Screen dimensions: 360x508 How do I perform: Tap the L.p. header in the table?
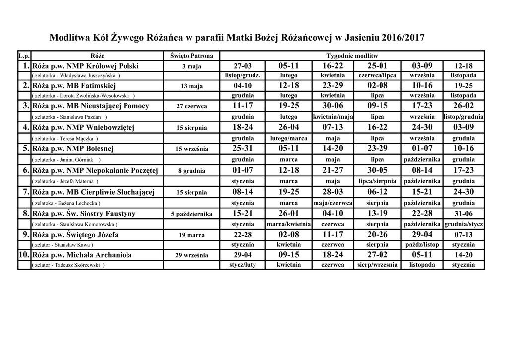click(x=24, y=55)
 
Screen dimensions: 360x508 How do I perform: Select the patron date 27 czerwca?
click(x=191, y=106)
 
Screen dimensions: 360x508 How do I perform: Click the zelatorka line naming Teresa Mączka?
click(x=64, y=138)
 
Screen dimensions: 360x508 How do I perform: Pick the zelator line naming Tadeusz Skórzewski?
click(x=68, y=265)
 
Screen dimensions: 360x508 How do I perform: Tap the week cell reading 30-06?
click(x=333, y=105)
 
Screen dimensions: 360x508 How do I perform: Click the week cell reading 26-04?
click(x=289, y=127)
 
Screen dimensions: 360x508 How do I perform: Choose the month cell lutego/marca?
click(x=289, y=138)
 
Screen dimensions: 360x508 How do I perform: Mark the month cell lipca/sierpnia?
click(x=378, y=181)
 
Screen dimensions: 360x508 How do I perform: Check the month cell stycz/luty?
click(x=243, y=265)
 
